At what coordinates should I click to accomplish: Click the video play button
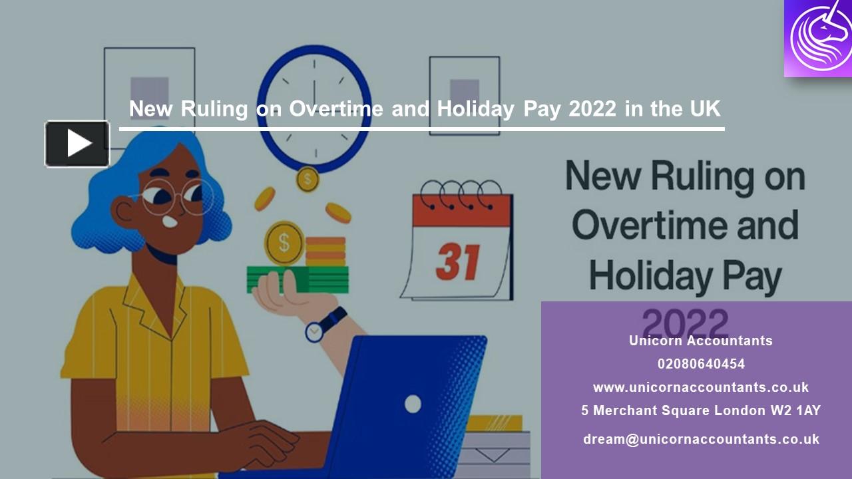[x=77, y=144]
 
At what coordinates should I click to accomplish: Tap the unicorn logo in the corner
[x=818, y=38]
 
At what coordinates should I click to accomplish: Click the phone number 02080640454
[x=701, y=364]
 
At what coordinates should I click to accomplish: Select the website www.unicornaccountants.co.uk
[x=701, y=387]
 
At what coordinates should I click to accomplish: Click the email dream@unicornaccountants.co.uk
[x=701, y=439]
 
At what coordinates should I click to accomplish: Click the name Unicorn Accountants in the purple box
[x=701, y=341]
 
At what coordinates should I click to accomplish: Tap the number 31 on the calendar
[x=458, y=262]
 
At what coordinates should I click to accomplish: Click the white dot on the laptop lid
[x=413, y=404]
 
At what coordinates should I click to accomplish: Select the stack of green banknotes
[x=298, y=279]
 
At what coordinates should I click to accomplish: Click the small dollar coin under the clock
[x=307, y=179]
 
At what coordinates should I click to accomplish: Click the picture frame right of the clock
[x=464, y=95]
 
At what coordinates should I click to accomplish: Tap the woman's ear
[x=124, y=212]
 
